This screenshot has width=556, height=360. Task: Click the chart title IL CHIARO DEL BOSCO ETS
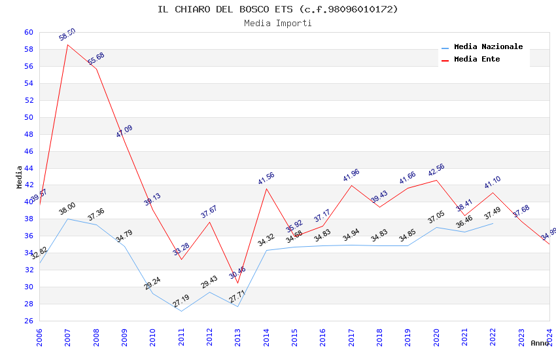pos(277,9)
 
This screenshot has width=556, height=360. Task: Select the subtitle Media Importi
pos(277,23)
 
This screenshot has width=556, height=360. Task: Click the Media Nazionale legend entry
pos(488,47)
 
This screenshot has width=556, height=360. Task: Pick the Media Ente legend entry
pos(477,59)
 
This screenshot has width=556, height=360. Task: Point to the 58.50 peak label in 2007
pos(67,35)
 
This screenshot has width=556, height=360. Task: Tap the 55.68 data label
pos(96,58)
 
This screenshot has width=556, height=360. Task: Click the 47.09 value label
pos(124,131)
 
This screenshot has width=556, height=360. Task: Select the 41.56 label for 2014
pos(266,179)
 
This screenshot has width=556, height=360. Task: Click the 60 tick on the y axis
pos(28,32)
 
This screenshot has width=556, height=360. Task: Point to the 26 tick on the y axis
pos(28,321)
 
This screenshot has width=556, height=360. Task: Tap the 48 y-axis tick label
pos(28,134)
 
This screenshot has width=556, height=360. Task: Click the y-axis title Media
pos(20,177)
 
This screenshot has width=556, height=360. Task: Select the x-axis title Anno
pos(540,343)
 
